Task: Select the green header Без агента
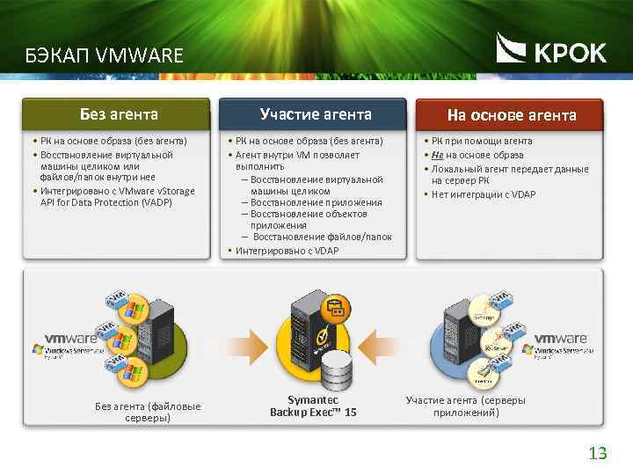tap(119, 113)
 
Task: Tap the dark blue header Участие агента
tap(316, 113)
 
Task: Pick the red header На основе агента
tap(512, 115)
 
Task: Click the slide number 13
tap(598, 454)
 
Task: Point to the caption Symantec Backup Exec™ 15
tap(313, 406)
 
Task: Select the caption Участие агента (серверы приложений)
tap(465, 406)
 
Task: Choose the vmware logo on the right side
tap(560, 338)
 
